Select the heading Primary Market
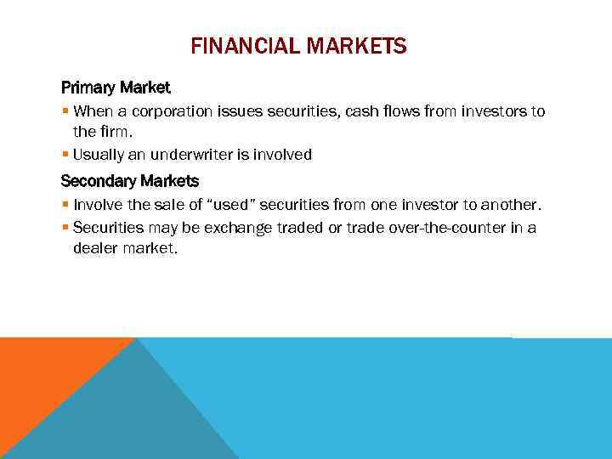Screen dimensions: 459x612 coord(116,88)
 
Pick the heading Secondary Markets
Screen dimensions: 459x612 coord(130,181)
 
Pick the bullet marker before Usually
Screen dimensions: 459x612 coord(65,155)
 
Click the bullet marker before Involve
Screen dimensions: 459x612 coord(65,205)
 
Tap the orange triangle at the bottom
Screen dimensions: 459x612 coord(42,374)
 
